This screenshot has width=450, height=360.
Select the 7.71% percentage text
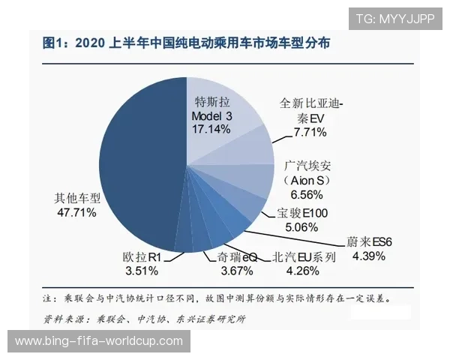pyautogui.click(x=309, y=133)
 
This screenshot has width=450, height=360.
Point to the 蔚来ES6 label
pyautogui.click(x=368, y=242)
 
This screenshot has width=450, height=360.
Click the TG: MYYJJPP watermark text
pyautogui.click(x=394, y=19)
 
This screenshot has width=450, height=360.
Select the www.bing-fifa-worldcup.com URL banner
pyautogui.click(x=99, y=341)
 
